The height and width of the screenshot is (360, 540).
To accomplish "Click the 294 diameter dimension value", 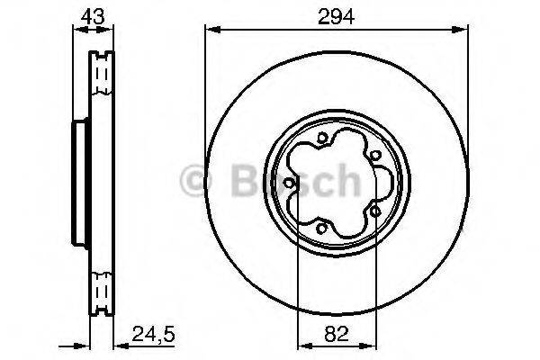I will (x=335, y=16).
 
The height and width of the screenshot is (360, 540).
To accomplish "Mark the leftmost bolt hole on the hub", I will (x=288, y=185).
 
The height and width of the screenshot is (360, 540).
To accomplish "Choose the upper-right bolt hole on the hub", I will (x=373, y=155).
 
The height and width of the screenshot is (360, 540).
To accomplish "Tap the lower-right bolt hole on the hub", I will (x=373, y=211).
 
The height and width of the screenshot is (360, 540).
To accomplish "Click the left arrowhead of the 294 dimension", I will (x=210, y=32).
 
